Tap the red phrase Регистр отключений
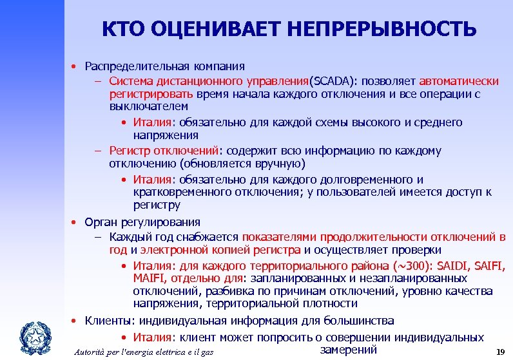tap(164, 151)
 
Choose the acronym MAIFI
tap(150, 278)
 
